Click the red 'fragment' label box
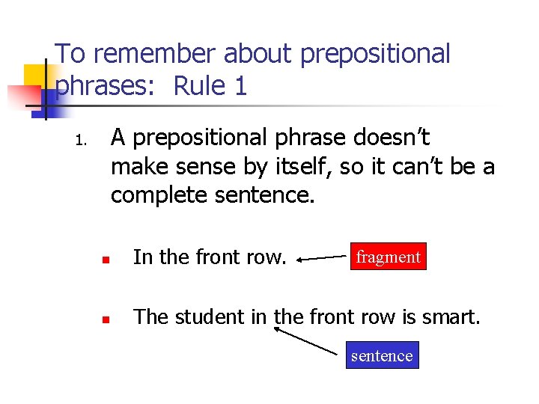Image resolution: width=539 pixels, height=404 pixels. click(x=388, y=257)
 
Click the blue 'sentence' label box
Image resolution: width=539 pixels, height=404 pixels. click(x=382, y=355)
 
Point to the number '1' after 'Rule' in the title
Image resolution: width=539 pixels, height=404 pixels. click(x=240, y=87)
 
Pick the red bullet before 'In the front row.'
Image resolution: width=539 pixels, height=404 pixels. click(x=106, y=260)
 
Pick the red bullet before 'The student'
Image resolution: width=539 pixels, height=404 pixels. click(x=106, y=319)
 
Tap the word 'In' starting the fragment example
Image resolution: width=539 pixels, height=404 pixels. click(x=143, y=257)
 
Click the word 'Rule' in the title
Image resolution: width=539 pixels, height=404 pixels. click(x=199, y=87)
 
